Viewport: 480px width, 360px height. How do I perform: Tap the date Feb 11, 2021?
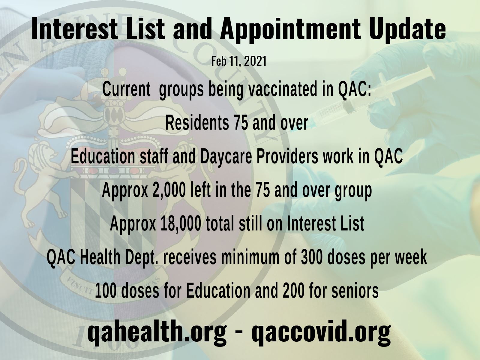click(x=239, y=61)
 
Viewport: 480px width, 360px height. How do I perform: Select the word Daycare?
click(x=224, y=157)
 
